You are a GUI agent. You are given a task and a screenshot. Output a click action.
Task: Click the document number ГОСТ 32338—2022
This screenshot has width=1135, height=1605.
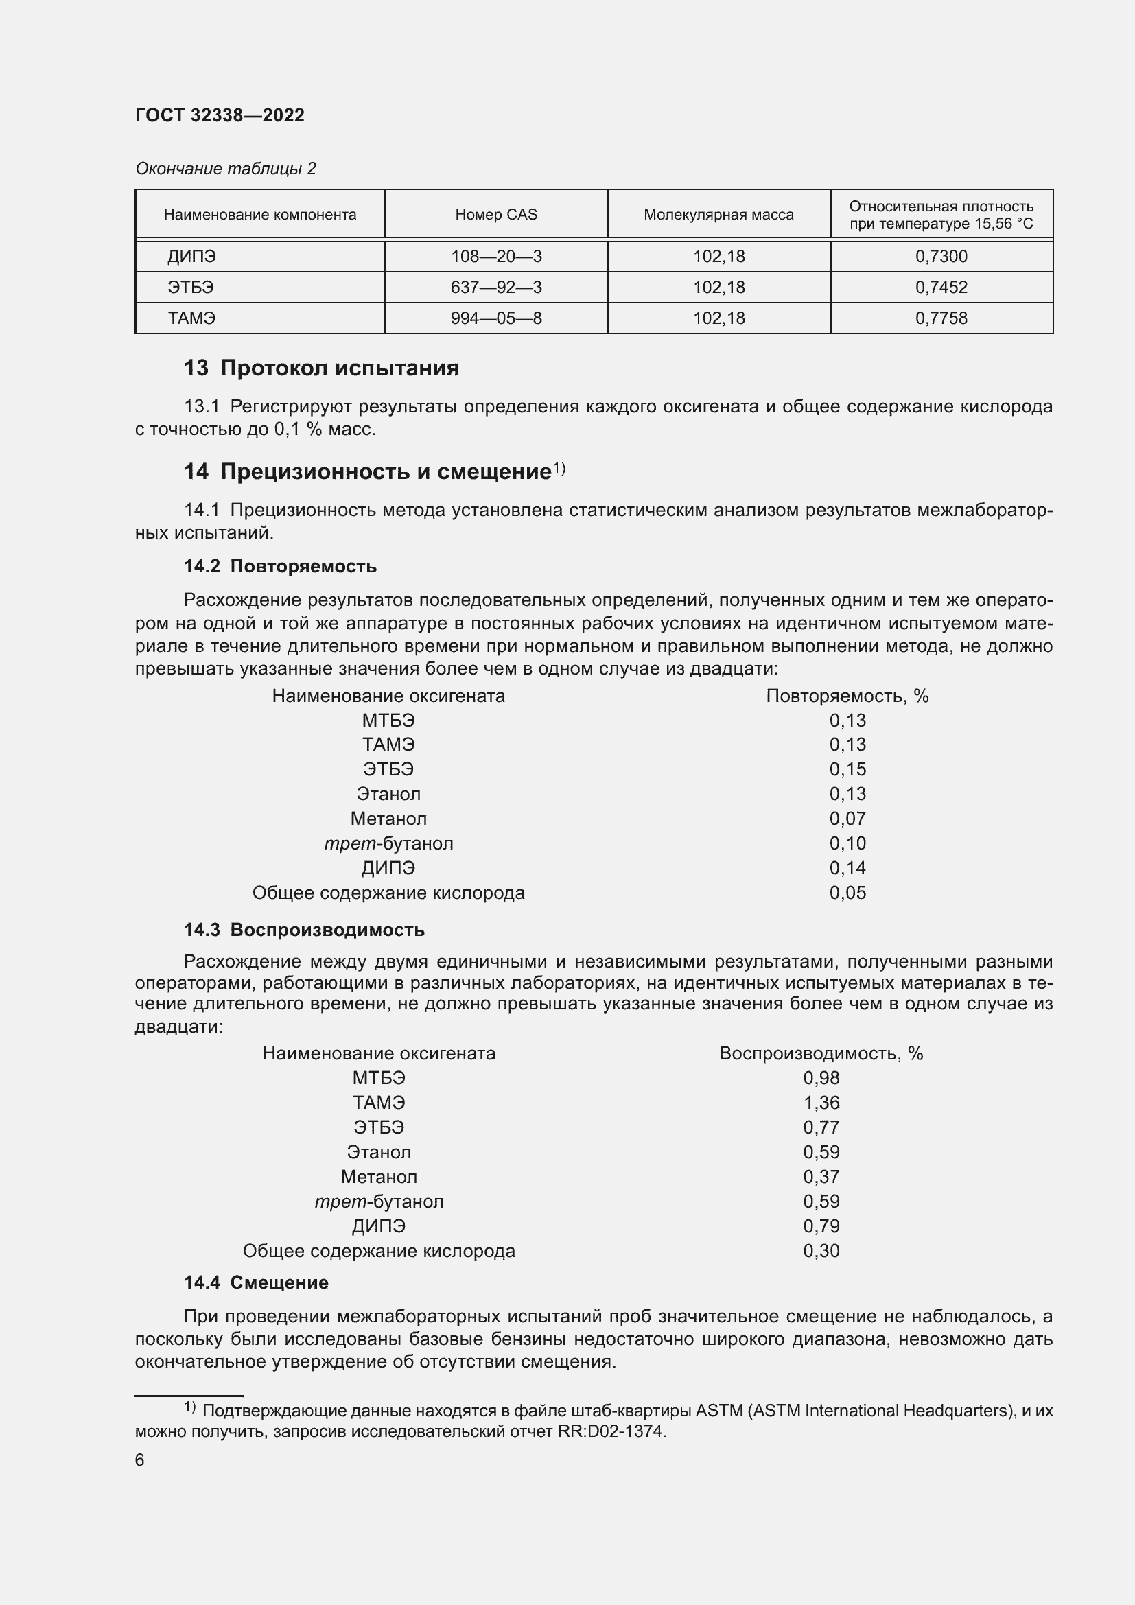[x=220, y=115]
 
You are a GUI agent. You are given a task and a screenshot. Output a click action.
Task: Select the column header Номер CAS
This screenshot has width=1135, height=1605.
[x=496, y=215]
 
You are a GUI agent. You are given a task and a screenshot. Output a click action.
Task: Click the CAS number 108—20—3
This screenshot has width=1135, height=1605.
[x=496, y=257]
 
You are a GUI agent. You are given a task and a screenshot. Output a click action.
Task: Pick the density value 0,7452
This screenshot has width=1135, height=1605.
[x=941, y=288]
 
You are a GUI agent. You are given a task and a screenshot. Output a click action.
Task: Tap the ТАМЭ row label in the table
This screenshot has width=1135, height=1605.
[x=191, y=318]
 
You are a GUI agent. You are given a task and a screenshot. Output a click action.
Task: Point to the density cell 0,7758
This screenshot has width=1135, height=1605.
[x=941, y=318]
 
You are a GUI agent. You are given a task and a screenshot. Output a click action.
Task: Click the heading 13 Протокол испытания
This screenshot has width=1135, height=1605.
[x=321, y=368]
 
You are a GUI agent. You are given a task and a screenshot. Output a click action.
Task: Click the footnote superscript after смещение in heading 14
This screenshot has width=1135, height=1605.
[x=559, y=469]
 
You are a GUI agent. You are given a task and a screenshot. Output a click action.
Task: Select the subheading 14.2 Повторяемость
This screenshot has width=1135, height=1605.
[x=279, y=566]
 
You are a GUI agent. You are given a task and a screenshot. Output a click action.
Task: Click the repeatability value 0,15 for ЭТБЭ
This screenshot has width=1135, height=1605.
[x=847, y=769]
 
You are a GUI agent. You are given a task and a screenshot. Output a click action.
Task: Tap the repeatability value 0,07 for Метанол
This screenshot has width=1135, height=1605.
[x=847, y=819]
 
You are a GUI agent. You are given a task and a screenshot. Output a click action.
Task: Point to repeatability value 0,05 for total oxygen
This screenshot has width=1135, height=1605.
[x=847, y=893]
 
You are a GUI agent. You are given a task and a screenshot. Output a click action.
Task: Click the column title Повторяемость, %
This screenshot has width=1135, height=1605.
[x=847, y=696]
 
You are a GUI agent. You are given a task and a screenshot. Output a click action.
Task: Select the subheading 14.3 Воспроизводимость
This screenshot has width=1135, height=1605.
[x=304, y=930]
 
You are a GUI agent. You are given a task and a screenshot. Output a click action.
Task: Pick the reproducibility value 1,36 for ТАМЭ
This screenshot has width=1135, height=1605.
[x=821, y=1103]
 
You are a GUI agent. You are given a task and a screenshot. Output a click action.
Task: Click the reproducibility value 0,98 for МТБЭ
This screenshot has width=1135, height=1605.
[x=821, y=1078]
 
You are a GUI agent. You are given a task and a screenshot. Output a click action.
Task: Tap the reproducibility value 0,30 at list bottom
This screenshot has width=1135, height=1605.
[x=821, y=1251]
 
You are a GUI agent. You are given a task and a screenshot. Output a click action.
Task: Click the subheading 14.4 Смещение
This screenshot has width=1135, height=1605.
[x=256, y=1282]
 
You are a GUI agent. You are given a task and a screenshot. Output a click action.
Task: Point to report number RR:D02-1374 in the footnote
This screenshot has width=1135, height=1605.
[x=610, y=1431]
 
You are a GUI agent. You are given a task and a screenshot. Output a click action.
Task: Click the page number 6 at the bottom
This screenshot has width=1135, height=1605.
[x=140, y=1460]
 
